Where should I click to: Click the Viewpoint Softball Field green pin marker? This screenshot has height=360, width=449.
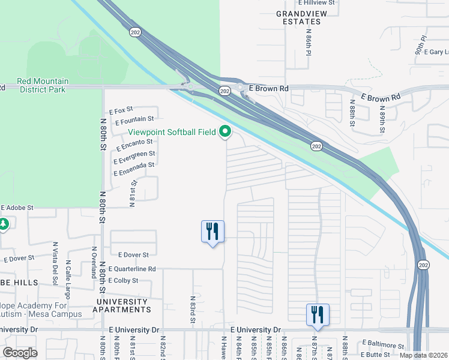225,131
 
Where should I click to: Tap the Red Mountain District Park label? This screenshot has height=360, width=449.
43,85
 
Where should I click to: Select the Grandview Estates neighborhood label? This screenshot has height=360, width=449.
298,17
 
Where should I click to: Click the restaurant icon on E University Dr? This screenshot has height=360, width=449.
317,314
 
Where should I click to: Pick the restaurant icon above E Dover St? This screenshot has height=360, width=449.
212,231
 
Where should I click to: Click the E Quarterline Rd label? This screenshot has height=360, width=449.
132,269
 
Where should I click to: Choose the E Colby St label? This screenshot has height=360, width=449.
123,280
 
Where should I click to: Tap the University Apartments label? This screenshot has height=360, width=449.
121,305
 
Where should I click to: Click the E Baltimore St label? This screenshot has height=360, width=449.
383,345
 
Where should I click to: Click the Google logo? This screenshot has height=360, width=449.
20,353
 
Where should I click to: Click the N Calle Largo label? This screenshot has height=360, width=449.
68,271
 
